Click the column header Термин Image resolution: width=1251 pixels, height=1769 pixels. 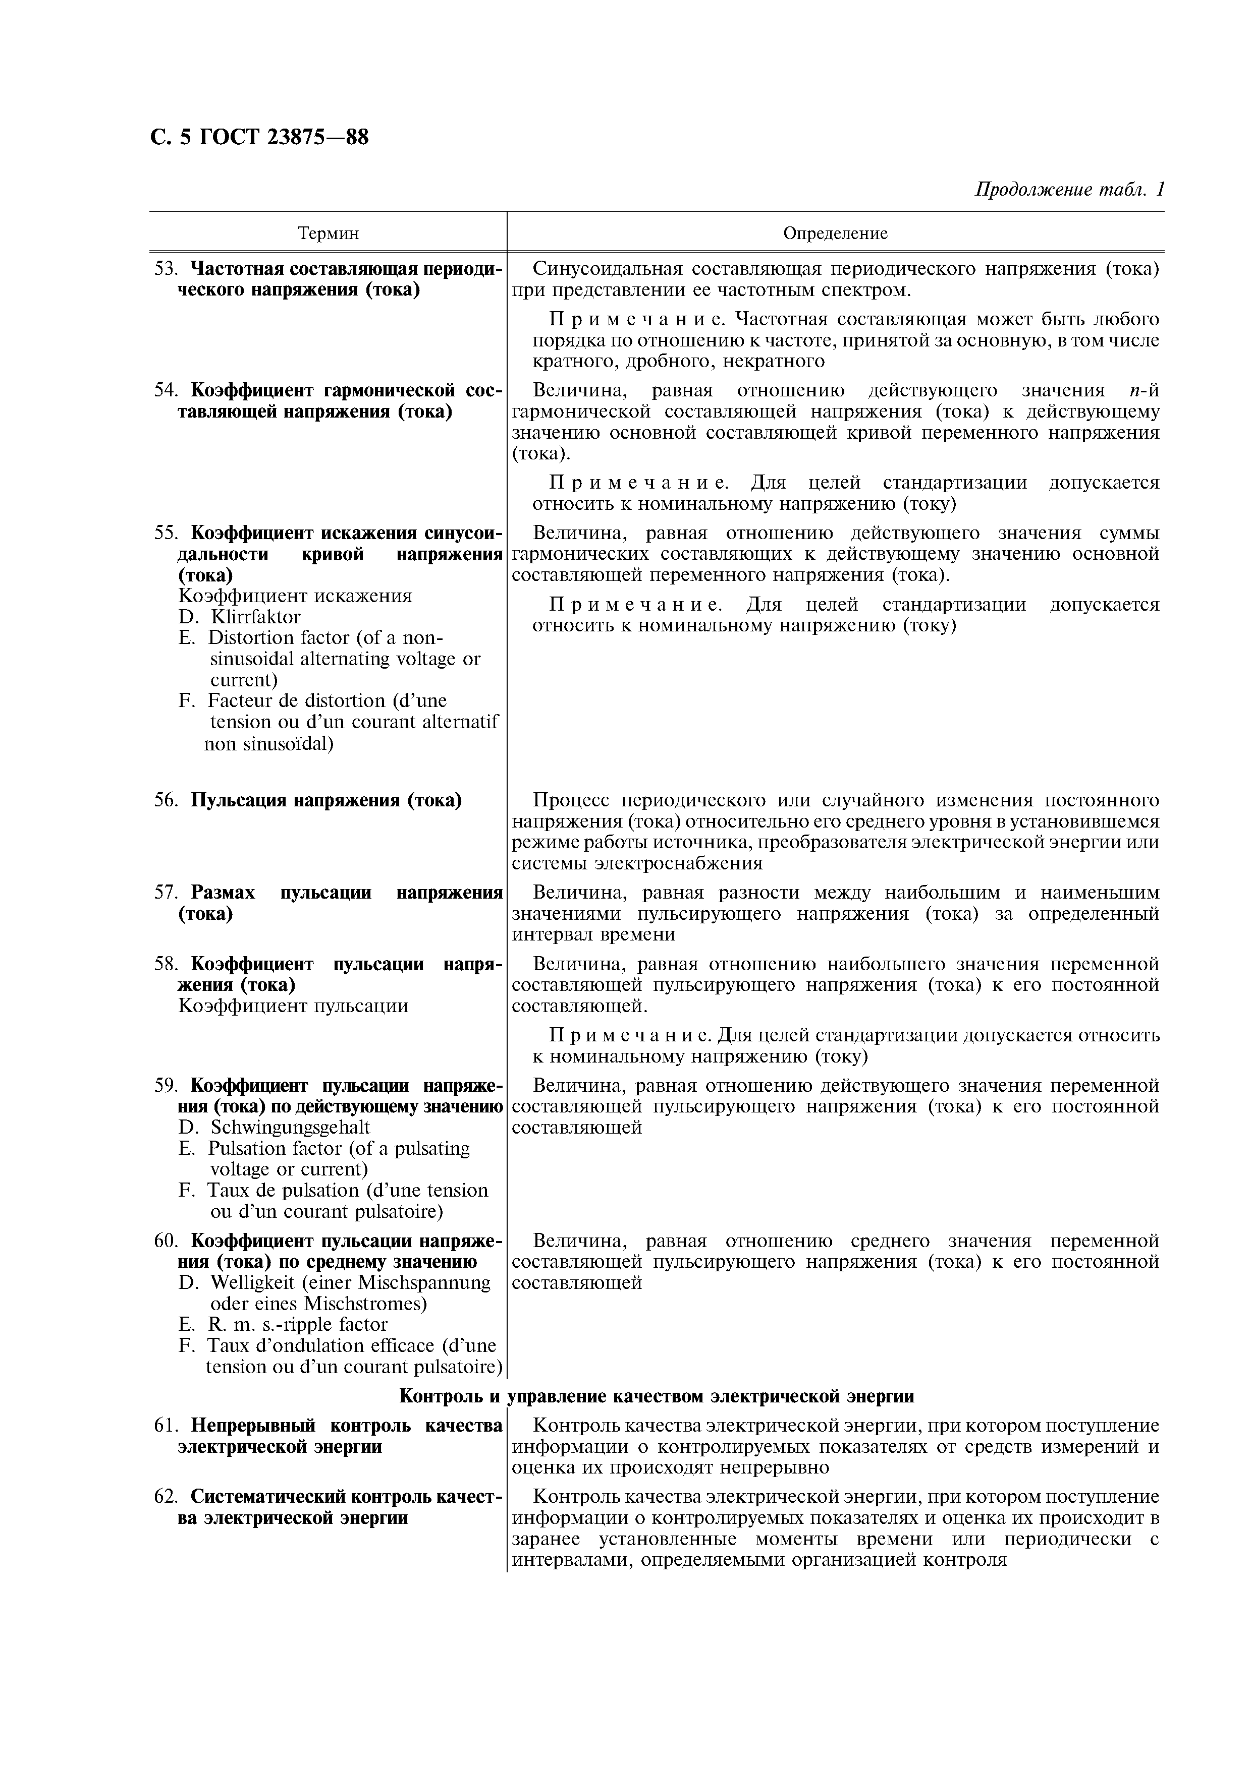point(329,233)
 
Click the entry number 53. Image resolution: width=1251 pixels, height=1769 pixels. point(166,269)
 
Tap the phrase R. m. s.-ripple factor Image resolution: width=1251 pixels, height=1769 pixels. point(298,1324)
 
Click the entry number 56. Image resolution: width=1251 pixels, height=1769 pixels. point(166,800)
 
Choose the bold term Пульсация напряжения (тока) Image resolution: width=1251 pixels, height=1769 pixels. point(326,800)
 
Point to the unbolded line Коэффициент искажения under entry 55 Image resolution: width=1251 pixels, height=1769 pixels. point(295,596)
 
